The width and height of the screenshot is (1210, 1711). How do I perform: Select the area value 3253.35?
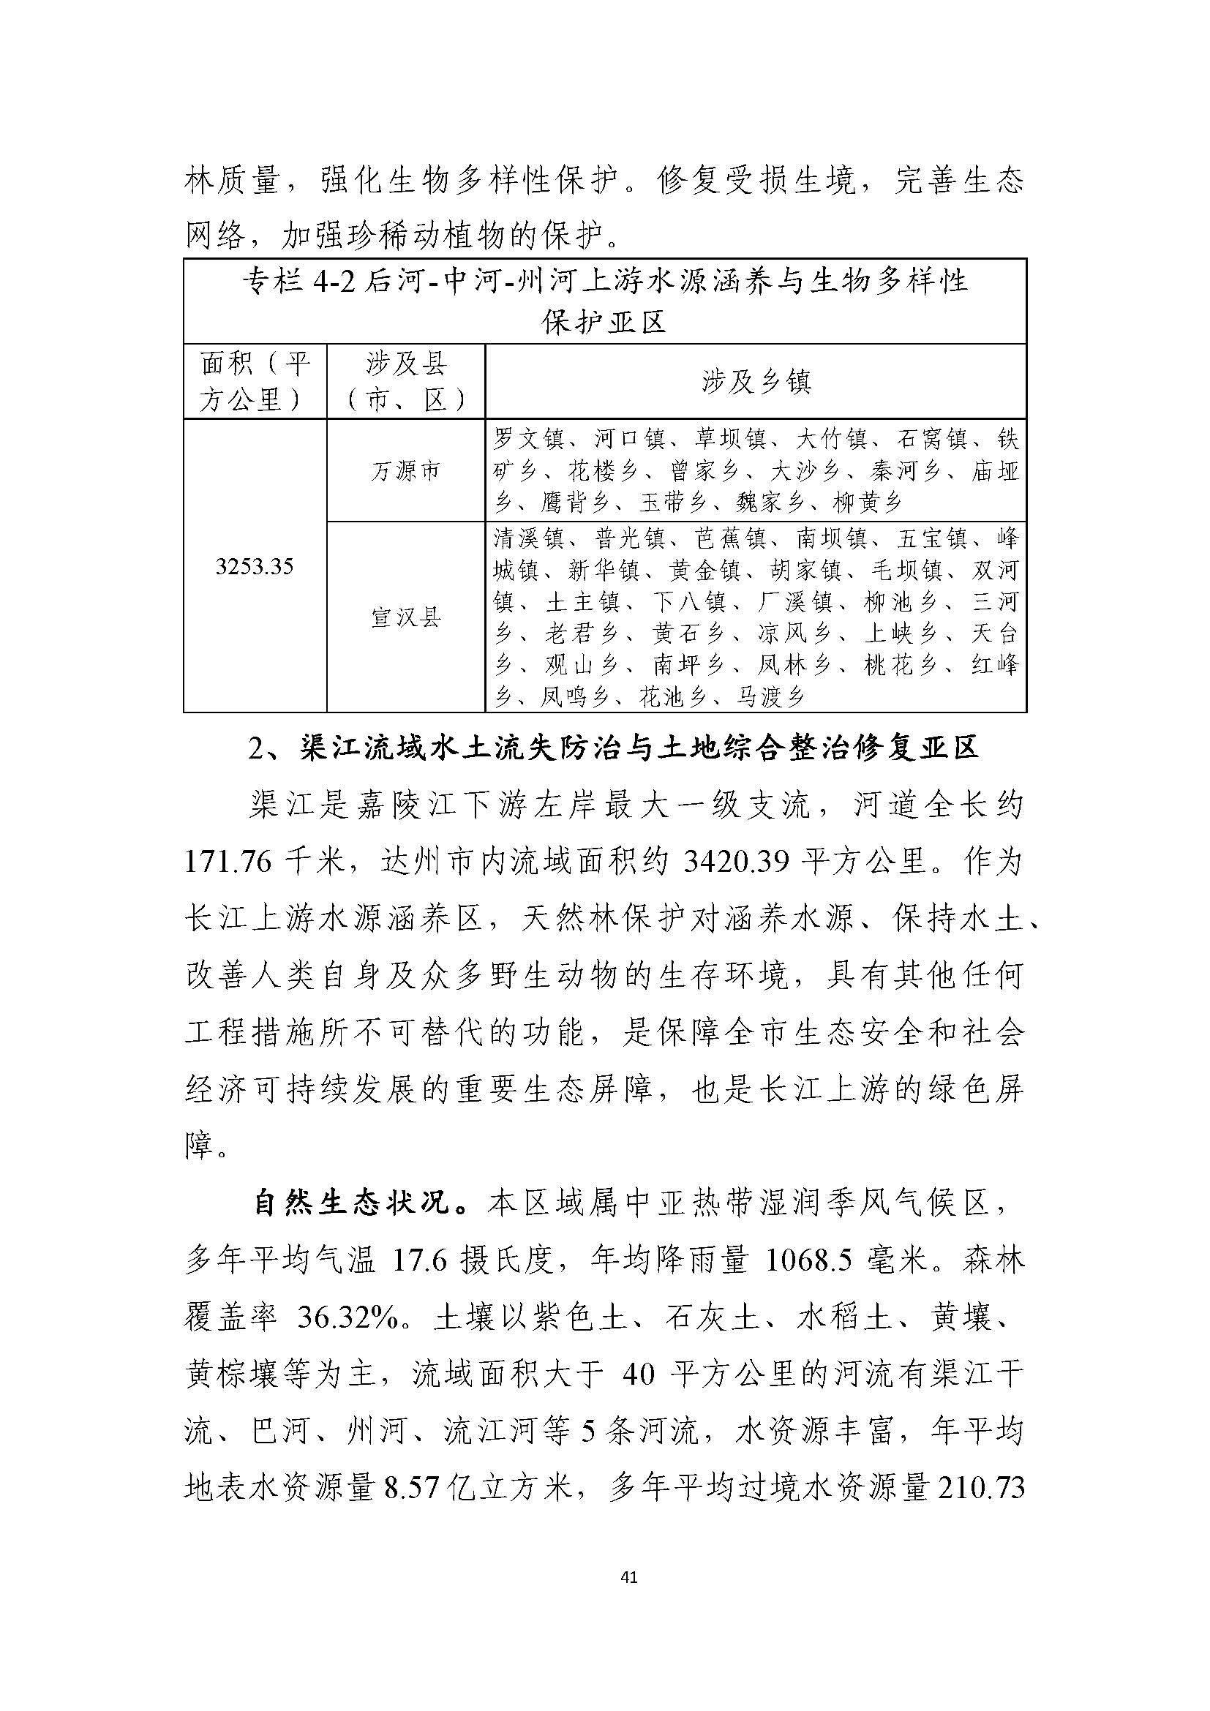pos(254,567)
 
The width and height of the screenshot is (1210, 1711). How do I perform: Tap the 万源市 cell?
pos(405,471)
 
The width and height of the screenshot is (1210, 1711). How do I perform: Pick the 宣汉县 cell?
pos(405,617)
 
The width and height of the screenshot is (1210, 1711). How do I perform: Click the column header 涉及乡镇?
pos(756,382)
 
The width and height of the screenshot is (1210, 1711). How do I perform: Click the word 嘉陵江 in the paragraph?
pos(388,806)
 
